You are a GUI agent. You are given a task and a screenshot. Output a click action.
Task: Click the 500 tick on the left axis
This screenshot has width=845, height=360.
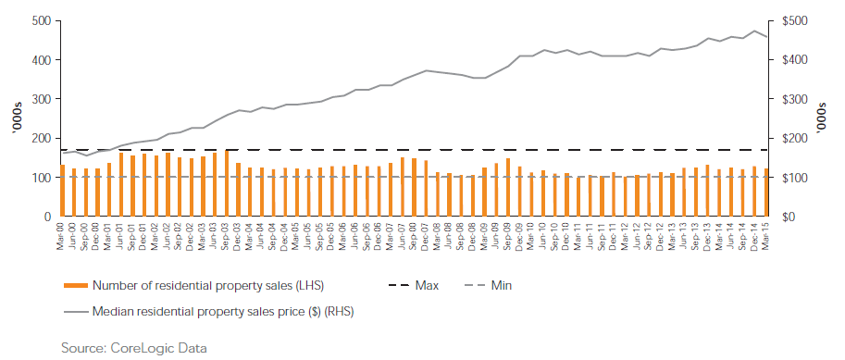coord(41,20)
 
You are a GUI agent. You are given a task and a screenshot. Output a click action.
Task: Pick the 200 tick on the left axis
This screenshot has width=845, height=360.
coord(41,138)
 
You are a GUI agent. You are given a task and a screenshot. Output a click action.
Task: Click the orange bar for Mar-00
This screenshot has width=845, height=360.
coord(62,191)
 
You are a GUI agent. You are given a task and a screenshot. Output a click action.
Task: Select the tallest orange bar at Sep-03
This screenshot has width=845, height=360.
coord(227,183)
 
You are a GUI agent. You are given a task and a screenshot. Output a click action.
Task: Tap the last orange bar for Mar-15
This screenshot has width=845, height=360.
coord(766,192)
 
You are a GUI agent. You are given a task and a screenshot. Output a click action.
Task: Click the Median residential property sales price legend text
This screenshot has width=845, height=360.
coord(223,312)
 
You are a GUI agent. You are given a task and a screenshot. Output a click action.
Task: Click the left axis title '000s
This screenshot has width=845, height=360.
coord(16,118)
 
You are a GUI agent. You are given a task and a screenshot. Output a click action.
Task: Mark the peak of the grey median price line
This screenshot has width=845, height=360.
coord(756,31)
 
